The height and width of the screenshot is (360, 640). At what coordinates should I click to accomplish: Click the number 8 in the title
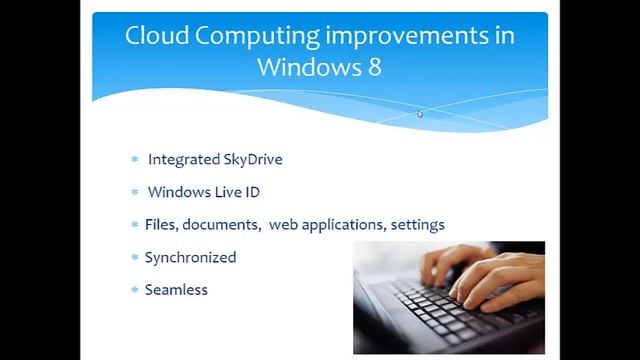coord(374,68)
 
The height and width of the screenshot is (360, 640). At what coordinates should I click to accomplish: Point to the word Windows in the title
coord(305,68)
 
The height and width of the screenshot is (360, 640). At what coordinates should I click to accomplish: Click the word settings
coord(418,224)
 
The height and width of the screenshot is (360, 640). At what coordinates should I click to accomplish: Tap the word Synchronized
coord(190,257)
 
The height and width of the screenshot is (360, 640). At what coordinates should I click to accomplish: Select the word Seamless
coord(175,289)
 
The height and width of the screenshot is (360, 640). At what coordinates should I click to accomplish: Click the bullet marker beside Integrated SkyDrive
coord(135,160)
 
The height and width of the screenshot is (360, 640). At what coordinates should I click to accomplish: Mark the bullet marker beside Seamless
coord(135,290)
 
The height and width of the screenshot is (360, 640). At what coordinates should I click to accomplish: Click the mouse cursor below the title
coord(420,114)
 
